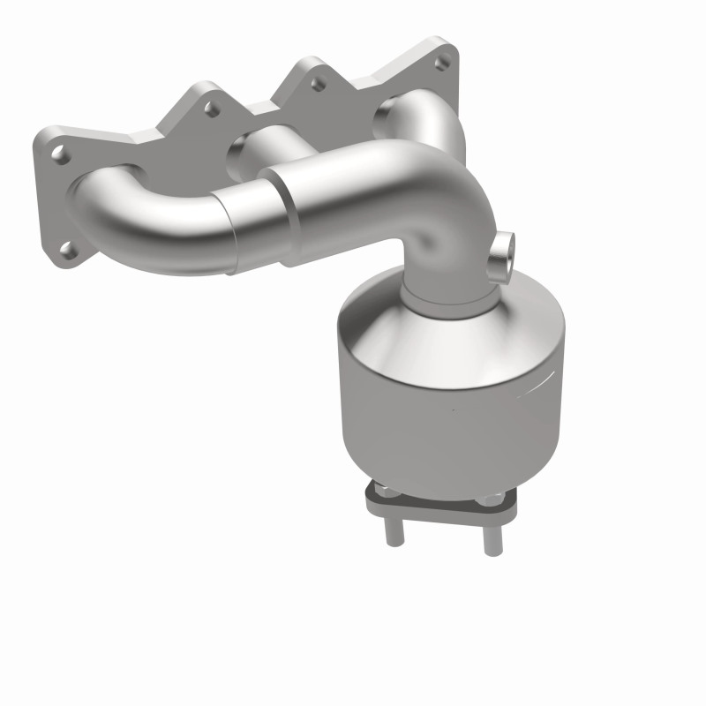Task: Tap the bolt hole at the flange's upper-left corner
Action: [60, 154]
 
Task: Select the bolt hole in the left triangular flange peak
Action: [210, 110]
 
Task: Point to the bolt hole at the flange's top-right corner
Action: [443, 62]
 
